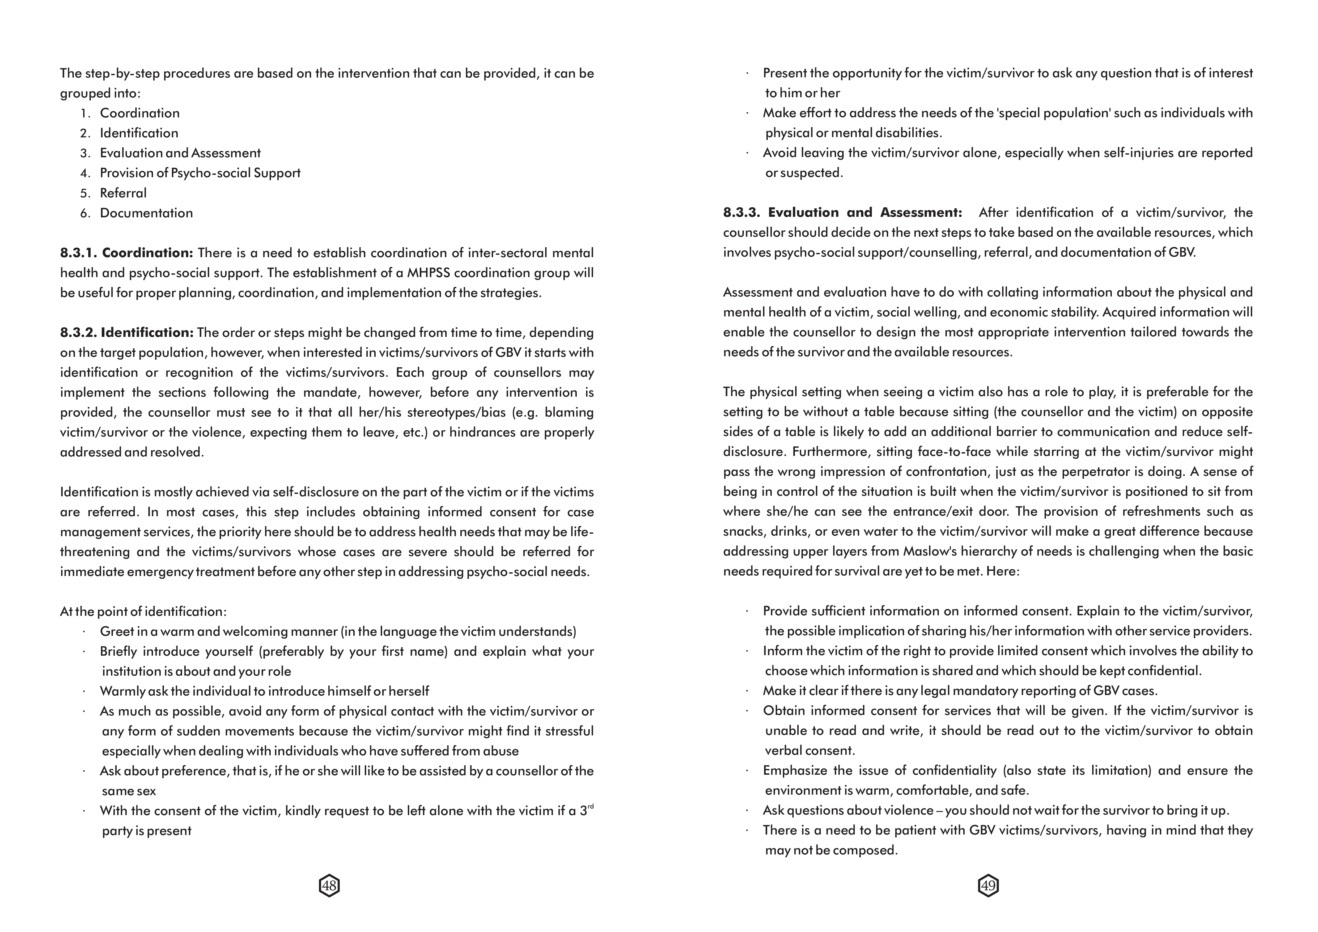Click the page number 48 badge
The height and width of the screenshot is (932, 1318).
pos(329,886)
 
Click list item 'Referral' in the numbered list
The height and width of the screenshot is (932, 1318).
pos(123,193)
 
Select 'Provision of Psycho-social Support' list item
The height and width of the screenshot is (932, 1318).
pos(200,173)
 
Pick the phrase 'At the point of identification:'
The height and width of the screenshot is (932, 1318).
pos(143,611)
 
